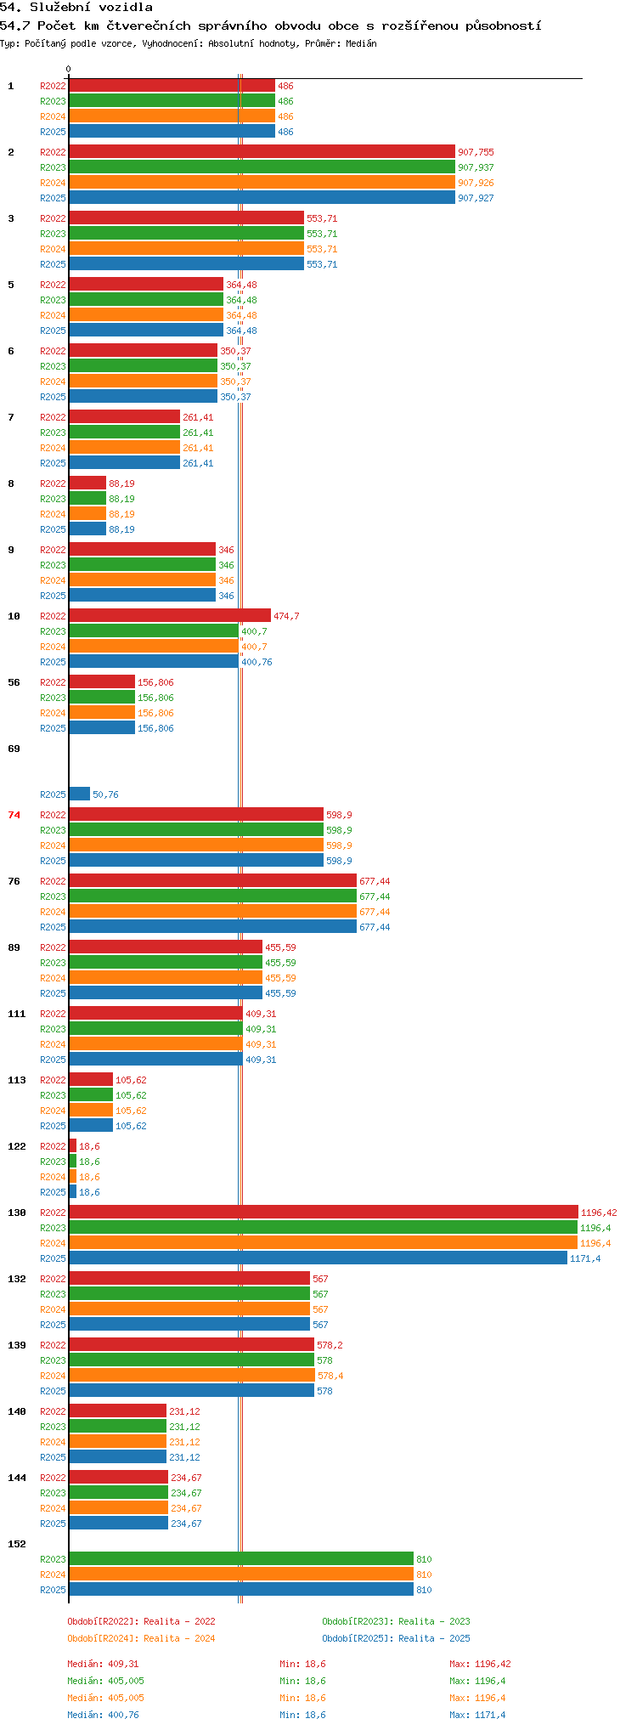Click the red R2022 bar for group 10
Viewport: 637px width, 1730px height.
[170, 615]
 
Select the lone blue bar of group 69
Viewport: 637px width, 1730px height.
[80, 794]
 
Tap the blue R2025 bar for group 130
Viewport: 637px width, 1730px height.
[318, 1258]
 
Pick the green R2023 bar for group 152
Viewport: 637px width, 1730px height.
[241, 1558]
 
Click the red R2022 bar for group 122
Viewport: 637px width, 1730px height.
[73, 1145]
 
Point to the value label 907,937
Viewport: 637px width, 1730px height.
[476, 167]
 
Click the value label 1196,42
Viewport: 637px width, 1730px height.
[599, 1213]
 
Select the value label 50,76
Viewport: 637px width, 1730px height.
[105, 794]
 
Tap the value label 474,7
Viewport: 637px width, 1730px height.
[286, 616]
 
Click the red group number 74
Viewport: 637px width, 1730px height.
[14, 815]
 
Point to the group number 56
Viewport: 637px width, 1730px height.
[14, 682]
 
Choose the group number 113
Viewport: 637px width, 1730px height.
[17, 1080]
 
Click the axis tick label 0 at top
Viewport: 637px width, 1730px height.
[69, 70]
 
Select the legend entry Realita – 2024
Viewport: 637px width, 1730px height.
[141, 1638]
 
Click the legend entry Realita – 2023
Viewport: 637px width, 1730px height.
[396, 1621]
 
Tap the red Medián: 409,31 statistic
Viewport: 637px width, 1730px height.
[103, 1664]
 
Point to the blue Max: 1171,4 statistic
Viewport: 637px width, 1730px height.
[477, 1715]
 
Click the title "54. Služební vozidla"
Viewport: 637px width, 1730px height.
[76, 8]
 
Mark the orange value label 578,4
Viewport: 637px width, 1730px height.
[330, 1376]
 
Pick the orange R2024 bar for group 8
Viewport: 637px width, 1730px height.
[87, 513]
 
